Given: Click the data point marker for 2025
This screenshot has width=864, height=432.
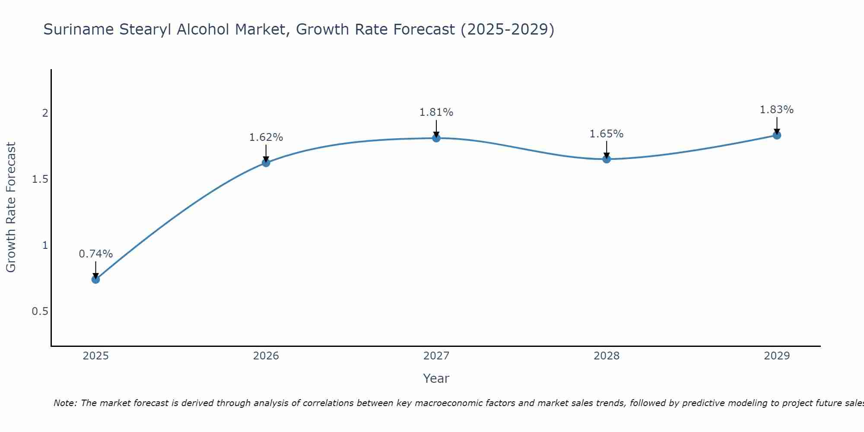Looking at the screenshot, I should click(95, 280).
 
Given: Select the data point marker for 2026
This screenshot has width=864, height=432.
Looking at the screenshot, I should click(266, 163).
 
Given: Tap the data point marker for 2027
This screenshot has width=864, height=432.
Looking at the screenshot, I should click(436, 138).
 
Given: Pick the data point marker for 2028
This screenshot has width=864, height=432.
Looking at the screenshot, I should click(607, 159).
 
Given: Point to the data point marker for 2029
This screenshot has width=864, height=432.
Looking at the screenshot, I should click(777, 135).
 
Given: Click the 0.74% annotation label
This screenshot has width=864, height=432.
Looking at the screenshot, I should click(95, 254).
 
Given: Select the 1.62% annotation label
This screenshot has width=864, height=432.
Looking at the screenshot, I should click(266, 137).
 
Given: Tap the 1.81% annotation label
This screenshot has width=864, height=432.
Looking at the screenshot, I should click(436, 112).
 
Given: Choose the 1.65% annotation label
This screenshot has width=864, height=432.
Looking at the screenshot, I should click(607, 134).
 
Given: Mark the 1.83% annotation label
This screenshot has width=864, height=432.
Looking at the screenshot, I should click(777, 110).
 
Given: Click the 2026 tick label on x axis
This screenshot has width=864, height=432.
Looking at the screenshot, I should click(266, 356).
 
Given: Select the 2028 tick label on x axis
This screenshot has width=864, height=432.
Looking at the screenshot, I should click(607, 356).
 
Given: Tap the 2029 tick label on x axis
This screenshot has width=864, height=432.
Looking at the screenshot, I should click(777, 356).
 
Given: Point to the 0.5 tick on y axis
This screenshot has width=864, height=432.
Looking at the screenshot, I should click(40, 311).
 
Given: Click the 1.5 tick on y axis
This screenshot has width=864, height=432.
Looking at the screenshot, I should click(40, 179).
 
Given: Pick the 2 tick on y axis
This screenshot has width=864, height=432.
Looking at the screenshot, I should click(44, 113).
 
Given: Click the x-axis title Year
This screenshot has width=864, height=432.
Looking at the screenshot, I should click(436, 378).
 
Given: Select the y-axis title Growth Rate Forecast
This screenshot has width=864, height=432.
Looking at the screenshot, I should click(11, 207).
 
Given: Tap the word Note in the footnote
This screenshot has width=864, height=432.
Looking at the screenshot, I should click(65, 403).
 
